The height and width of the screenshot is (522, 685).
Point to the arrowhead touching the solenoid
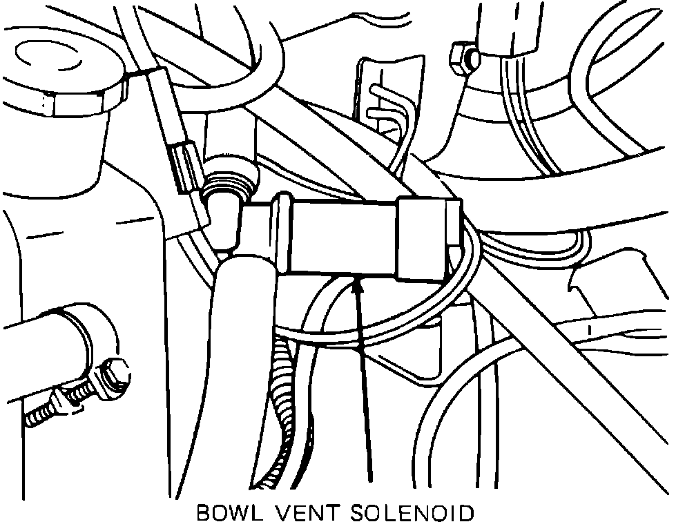tap(357, 283)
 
